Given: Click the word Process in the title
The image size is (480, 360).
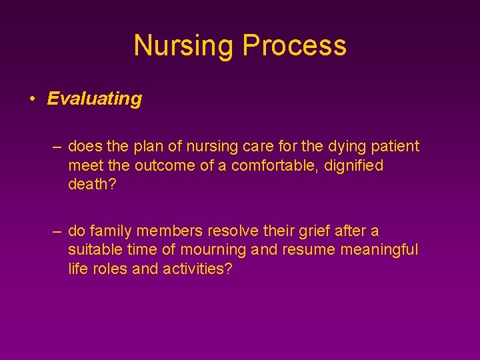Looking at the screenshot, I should (x=294, y=45).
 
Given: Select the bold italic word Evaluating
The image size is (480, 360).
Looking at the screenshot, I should (x=95, y=99).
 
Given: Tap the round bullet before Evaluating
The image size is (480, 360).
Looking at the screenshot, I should (x=31, y=99).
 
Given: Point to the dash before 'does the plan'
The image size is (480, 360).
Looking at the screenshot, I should (x=59, y=146).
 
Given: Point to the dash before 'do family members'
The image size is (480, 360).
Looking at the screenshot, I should (x=59, y=231).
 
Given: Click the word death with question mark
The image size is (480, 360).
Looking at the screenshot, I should (x=92, y=185).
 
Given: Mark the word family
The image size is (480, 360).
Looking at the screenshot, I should (x=111, y=231).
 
